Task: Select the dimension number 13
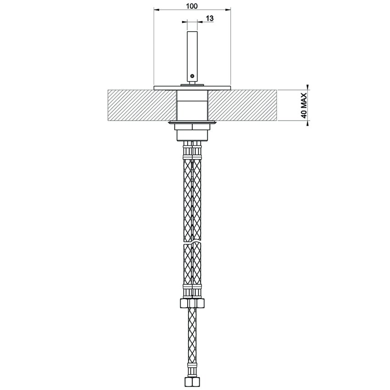(x=210, y=18)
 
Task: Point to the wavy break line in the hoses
(x=192, y=242)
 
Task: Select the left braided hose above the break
(x=187, y=197)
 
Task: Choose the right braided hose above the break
(x=197, y=197)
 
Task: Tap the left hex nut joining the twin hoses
(x=186, y=303)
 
